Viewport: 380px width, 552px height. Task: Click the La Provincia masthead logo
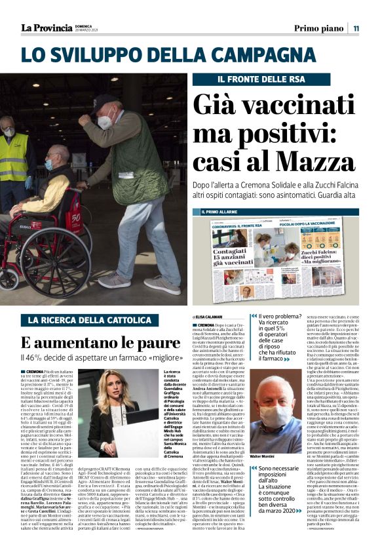pos(46,28)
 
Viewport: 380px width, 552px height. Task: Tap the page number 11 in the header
pos(356,28)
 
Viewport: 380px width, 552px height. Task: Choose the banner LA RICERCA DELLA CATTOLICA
pos(90,321)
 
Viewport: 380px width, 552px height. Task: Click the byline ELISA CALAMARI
pos(208,317)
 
